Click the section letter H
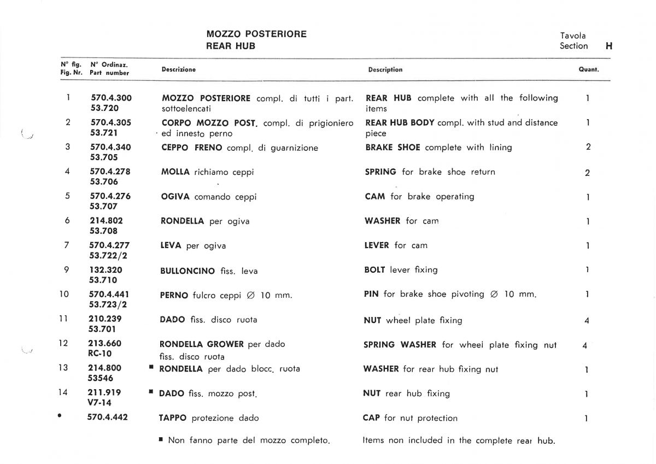(x=608, y=46)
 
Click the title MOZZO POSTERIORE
(x=256, y=34)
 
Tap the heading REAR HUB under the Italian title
(x=230, y=46)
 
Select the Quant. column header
(x=589, y=70)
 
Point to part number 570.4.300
(x=111, y=98)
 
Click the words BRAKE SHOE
(x=393, y=148)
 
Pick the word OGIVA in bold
(x=175, y=197)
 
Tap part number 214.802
(x=106, y=221)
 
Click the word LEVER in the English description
(x=377, y=245)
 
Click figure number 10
(x=65, y=294)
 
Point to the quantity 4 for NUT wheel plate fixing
(x=587, y=321)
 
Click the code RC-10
(x=101, y=353)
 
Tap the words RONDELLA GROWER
(x=201, y=344)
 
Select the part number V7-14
(x=100, y=402)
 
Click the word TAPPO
(x=173, y=418)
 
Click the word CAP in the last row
(x=371, y=418)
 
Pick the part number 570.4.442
(x=108, y=418)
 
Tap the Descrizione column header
(x=179, y=70)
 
